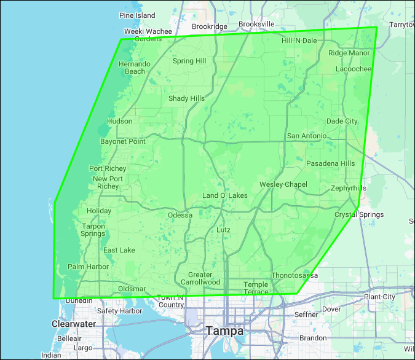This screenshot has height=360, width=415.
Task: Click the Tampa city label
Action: pos(224,331)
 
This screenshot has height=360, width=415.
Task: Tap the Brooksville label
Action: pos(256,24)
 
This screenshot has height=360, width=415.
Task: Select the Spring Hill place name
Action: pos(189,61)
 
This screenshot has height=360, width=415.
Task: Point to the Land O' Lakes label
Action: pos(225,195)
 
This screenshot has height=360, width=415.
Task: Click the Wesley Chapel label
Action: pos(283,184)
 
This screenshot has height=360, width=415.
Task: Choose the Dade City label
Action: pos(342,121)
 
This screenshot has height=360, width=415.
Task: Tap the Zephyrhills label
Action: pos(348,188)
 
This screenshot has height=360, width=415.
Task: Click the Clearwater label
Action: pos(73,324)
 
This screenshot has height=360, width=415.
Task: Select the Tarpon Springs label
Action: pos(93,230)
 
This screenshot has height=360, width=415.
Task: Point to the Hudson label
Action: pos(119,121)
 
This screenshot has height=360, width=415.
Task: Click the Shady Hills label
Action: pos(186,98)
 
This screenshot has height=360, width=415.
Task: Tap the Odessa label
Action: pos(180,215)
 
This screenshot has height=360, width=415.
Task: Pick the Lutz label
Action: pos(224,229)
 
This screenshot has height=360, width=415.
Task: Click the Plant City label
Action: pos(380,297)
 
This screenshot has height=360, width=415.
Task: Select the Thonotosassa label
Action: pos(294,275)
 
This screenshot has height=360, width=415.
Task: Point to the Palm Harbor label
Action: pos(88,267)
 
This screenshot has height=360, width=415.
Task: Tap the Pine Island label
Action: pos(138,15)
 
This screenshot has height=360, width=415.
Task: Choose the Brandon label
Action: pos(313,338)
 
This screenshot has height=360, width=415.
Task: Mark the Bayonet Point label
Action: pos(123,141)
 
